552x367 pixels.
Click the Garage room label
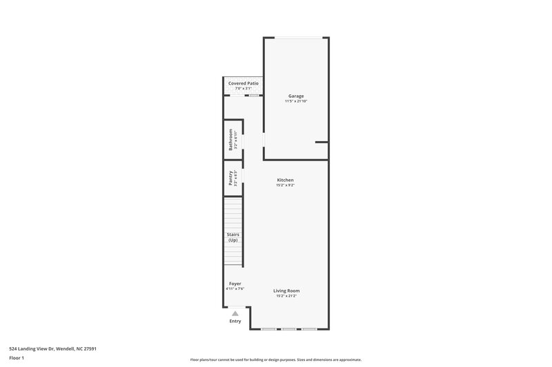(295, 96)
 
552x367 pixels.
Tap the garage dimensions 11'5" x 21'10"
(295, 101)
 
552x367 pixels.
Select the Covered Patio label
(244, 83)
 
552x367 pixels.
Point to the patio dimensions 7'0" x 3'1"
(244, 88)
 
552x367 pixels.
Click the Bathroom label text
(230, 140)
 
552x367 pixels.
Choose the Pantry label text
(230, 178)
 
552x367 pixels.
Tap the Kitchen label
(286, 180)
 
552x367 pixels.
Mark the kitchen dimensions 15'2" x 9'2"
(286, 185)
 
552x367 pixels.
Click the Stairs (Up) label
(233, 237)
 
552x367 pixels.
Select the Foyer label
(235, 284)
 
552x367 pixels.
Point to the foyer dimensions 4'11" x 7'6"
(235, 289)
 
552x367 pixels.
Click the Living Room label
(286, 291)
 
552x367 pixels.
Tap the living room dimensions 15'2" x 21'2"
(286, 296)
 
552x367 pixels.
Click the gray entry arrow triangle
(235, 313)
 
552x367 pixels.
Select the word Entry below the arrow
(235, 321)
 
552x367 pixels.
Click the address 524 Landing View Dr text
(52, 348)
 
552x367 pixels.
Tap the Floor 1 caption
(17, 358)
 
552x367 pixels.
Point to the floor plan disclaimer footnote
(275, 359)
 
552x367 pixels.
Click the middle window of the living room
(289, 329)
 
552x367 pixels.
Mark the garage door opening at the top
(297, 37)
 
